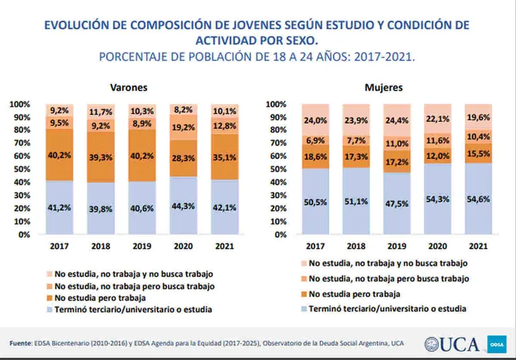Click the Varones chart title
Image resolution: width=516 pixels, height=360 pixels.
coord(128,88)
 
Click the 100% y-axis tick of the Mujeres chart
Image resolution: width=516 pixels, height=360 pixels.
coord(275,105)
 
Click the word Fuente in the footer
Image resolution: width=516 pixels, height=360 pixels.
coord(21,344)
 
